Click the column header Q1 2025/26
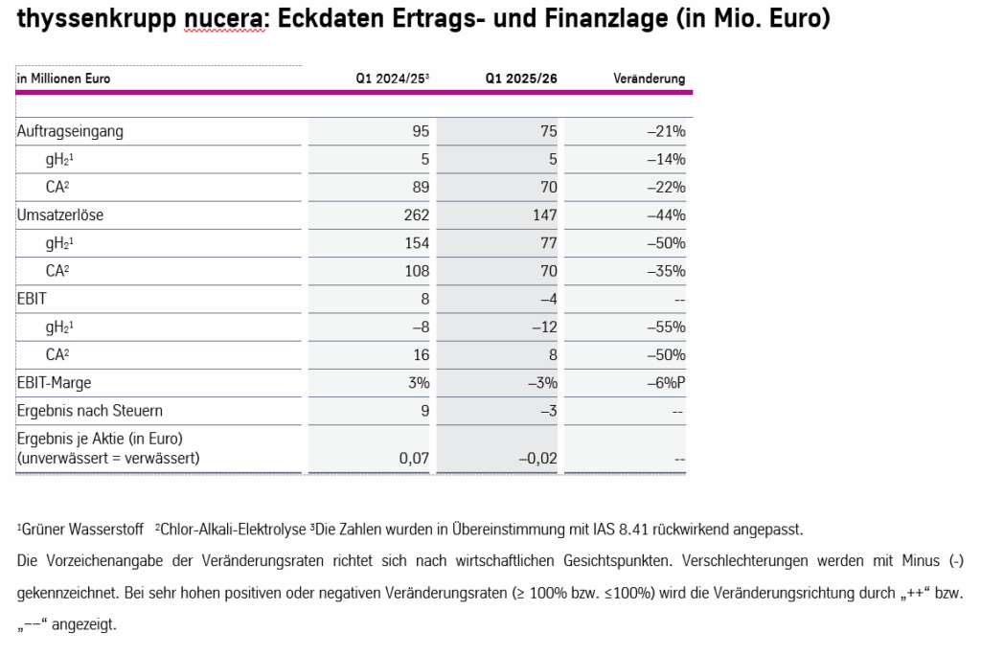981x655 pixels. [x=520, y=79]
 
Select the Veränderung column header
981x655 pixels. [x=649, y=79]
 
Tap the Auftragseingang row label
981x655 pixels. [x=70, y=131]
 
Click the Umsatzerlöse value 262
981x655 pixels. [x=417, y=215]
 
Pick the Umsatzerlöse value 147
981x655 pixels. [x=544, y=215]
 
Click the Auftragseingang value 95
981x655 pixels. [x=421, y=131]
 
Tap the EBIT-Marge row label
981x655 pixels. [x=55, y=383]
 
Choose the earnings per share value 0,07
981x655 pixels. [x=414, y=459]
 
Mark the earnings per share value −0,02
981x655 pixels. [x=537, y=459]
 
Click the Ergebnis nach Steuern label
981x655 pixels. [x=90, y=411]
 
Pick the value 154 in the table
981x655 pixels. [x=417, y=243]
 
